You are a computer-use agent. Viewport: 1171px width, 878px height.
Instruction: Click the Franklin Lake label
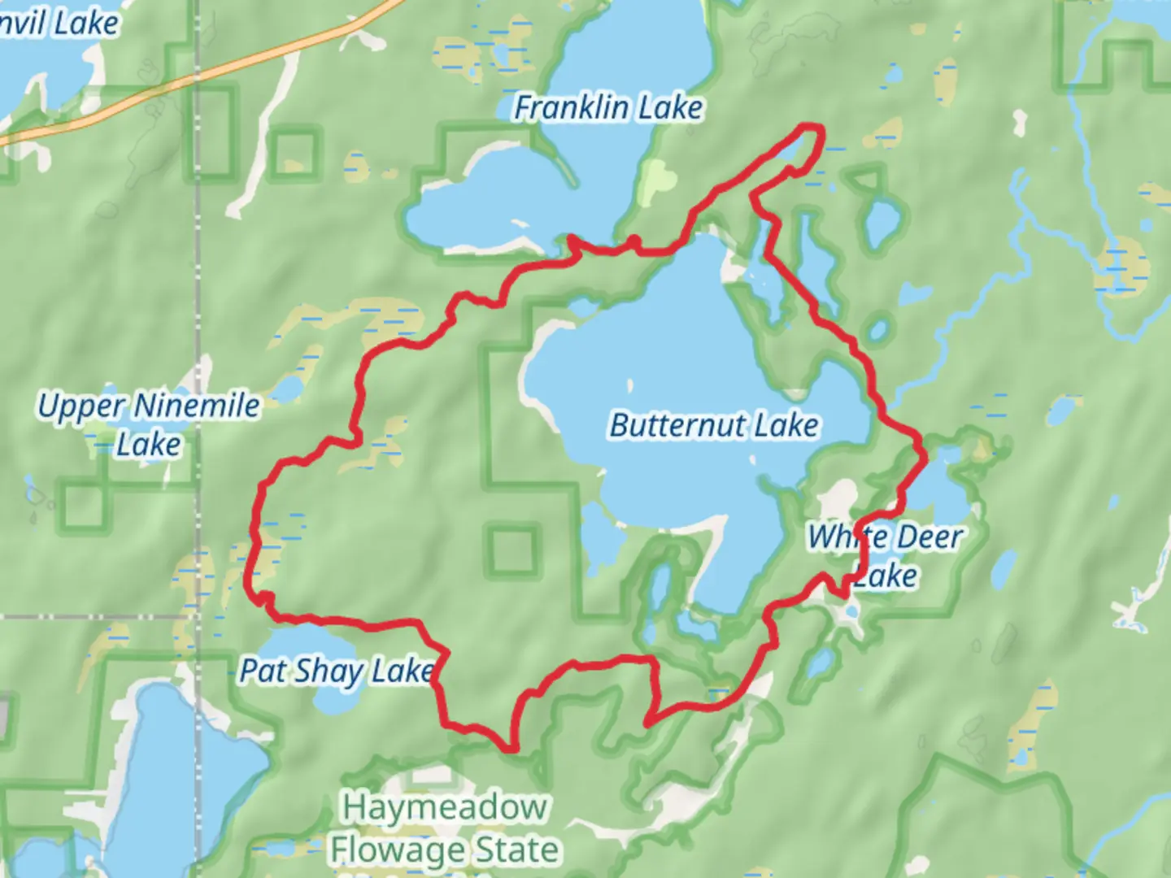608,107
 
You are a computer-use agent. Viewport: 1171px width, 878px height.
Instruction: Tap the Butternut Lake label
714,425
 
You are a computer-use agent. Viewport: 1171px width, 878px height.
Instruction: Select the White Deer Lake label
885,556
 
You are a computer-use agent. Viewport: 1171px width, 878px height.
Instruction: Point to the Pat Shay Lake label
336,672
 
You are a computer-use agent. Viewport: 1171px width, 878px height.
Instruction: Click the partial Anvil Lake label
59,23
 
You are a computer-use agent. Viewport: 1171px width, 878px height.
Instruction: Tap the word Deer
929,537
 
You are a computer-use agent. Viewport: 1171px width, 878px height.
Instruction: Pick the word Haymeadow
444,807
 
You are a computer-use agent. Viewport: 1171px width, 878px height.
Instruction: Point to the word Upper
81,406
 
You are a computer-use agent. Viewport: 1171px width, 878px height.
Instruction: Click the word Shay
329,672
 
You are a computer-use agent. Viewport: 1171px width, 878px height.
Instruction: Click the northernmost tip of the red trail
810,126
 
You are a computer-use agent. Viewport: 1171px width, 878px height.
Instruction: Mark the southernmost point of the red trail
511,748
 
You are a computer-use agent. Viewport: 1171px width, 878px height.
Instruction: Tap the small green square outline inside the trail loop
512,550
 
